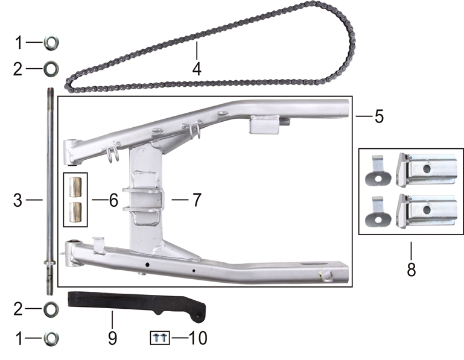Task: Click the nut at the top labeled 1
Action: coord(51,43)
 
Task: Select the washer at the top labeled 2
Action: coord(51,68)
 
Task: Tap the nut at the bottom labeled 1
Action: coord(51,338)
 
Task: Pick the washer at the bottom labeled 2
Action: coord(51,309)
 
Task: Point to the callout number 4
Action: coord(197,69)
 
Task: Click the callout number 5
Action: coord(378,116)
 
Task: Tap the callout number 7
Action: coord(197,200)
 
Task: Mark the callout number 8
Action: coord(411,269)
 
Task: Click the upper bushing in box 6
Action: coord(76,186)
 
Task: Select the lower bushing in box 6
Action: coord(76,212)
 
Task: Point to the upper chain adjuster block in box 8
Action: coord(426,169)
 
